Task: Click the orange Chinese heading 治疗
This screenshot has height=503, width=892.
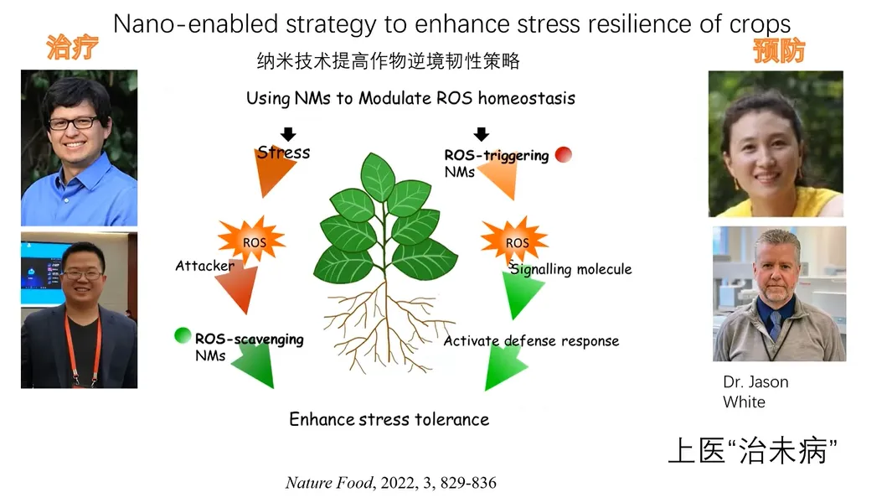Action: click(72, 48)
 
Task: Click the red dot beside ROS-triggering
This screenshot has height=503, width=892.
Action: click(564, 154)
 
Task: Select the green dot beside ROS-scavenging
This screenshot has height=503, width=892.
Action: click(183, 336)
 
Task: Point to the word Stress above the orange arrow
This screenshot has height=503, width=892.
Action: click(283, 153)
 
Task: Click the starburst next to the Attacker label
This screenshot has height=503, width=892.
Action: click(252, 241)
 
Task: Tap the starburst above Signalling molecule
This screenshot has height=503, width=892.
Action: click(514, 240)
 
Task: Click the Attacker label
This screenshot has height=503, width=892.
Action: click(204, 266)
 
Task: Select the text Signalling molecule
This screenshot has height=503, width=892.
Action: click(571, 269)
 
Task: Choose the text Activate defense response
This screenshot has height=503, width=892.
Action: click(531, 341)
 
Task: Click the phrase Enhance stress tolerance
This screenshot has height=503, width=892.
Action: click(389, 419)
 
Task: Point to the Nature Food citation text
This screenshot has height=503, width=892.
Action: click(390, 483)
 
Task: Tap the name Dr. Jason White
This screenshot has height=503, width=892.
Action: click(755, 392)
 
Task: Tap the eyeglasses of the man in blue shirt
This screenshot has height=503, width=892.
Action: click(73, 123)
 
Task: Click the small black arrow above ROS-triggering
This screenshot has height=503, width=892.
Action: click(481, 134)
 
